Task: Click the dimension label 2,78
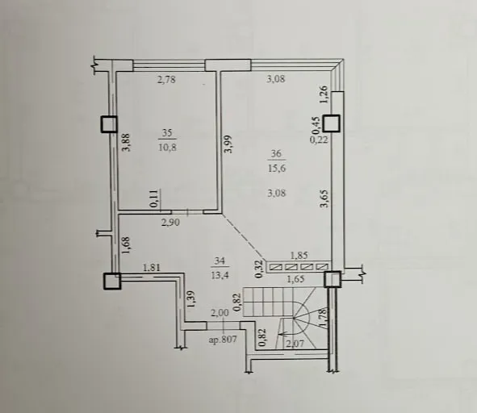166,80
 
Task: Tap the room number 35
167,132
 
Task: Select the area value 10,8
167,147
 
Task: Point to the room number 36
276,153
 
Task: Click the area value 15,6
277,168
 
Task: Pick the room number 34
220,261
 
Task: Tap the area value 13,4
220,275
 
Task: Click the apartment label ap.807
223,340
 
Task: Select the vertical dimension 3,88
126,142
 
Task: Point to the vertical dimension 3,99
228,144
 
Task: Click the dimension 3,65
324,198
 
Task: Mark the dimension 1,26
324,94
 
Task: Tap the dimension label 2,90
170,223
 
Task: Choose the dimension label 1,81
152,268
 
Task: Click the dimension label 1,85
299,256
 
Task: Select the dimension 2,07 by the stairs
295,344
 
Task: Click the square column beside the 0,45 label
331,123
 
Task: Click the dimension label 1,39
191,299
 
